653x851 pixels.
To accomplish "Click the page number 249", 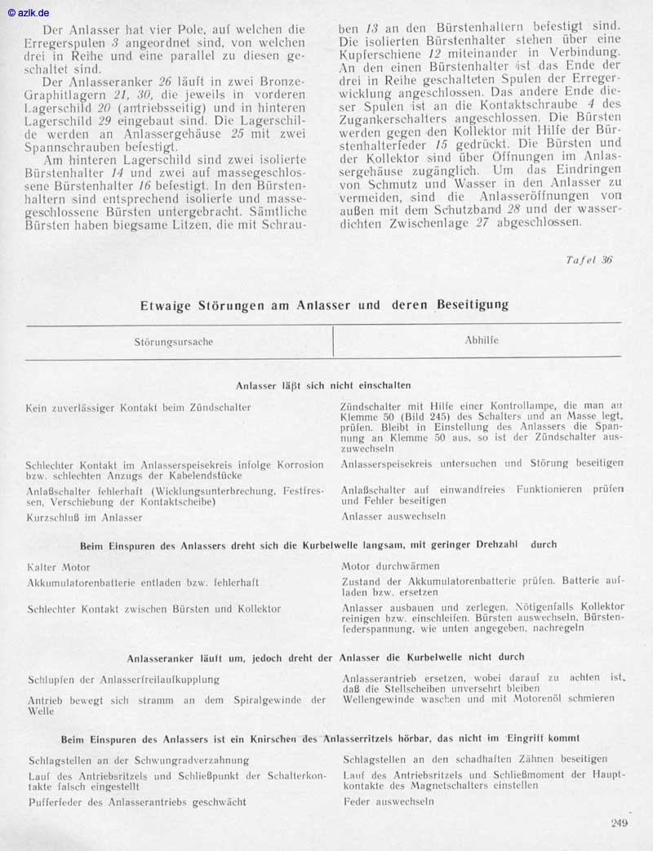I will [619, 822].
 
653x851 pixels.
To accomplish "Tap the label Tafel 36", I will [589, 260].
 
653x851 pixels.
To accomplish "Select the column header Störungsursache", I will [173, 342].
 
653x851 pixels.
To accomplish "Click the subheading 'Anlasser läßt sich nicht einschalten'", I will [323, 384].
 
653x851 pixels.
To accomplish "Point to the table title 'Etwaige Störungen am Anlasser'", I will [324, 305].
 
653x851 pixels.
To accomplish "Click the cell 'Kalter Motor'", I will [58, 566].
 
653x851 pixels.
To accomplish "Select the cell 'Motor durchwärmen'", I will [391, 566].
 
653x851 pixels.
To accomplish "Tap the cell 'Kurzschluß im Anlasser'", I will [84, 517].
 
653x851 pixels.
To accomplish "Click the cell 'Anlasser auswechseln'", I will [393, 516].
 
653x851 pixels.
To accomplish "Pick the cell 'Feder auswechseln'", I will [388, 801].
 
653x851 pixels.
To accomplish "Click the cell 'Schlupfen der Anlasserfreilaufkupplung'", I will [123, 679].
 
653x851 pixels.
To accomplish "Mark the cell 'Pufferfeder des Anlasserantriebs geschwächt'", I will [136, 802].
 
